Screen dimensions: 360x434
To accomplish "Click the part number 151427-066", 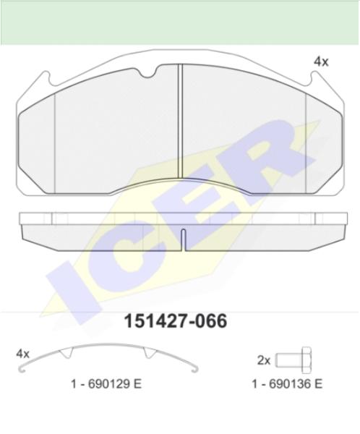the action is (176, 321).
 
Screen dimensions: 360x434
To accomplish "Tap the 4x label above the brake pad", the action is (321, 61).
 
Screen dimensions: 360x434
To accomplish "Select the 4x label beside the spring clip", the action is (22, 354).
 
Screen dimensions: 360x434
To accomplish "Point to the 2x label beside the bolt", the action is (264, 360).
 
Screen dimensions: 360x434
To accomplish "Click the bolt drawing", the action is (293, 360).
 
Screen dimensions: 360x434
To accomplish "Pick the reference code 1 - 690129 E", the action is (106, 384).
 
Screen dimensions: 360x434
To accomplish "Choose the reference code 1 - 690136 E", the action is (287, 384).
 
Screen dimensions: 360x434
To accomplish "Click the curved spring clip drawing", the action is (108, 345).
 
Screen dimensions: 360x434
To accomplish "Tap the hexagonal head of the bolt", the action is (307, 360).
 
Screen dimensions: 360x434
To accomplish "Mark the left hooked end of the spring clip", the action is (22, 370).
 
